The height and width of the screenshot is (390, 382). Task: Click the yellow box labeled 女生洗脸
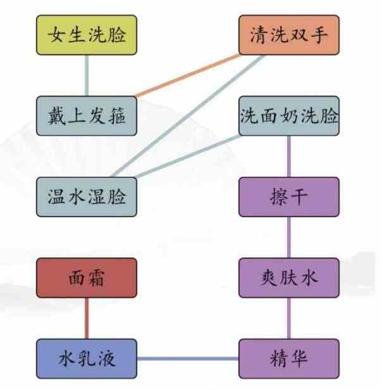coord(87,35)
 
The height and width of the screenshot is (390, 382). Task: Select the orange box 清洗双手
coord(289,35)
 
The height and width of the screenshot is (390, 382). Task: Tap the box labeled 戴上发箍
coord(87,116)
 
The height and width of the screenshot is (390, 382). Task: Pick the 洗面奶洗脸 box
coord(289,116)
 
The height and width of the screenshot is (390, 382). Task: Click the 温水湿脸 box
coord(87,197)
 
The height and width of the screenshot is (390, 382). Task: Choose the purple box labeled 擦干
coord(289,197)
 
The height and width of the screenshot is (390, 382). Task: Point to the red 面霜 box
coord(87,278)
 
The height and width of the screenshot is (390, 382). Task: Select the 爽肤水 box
coord(289,278)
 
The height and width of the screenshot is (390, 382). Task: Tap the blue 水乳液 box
coord(87,358)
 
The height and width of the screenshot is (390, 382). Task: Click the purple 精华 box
coord(289,358)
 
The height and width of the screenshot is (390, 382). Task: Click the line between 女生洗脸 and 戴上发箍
coord(87,76)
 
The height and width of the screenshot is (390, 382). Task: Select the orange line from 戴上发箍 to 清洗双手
coord(187,76)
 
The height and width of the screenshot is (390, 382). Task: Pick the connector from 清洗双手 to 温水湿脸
coord(187,116)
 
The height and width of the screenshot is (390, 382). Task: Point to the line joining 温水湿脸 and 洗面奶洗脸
coord(188,157)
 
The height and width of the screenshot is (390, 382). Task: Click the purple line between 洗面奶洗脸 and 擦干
coord(289,157)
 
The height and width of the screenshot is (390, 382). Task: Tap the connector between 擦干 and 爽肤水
coord(289,237)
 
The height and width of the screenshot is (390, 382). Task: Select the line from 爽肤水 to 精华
coord(289,319)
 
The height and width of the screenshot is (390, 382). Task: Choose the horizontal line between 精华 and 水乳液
coord(188,358)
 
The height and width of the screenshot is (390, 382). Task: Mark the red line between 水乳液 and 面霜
coord(87,319)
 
